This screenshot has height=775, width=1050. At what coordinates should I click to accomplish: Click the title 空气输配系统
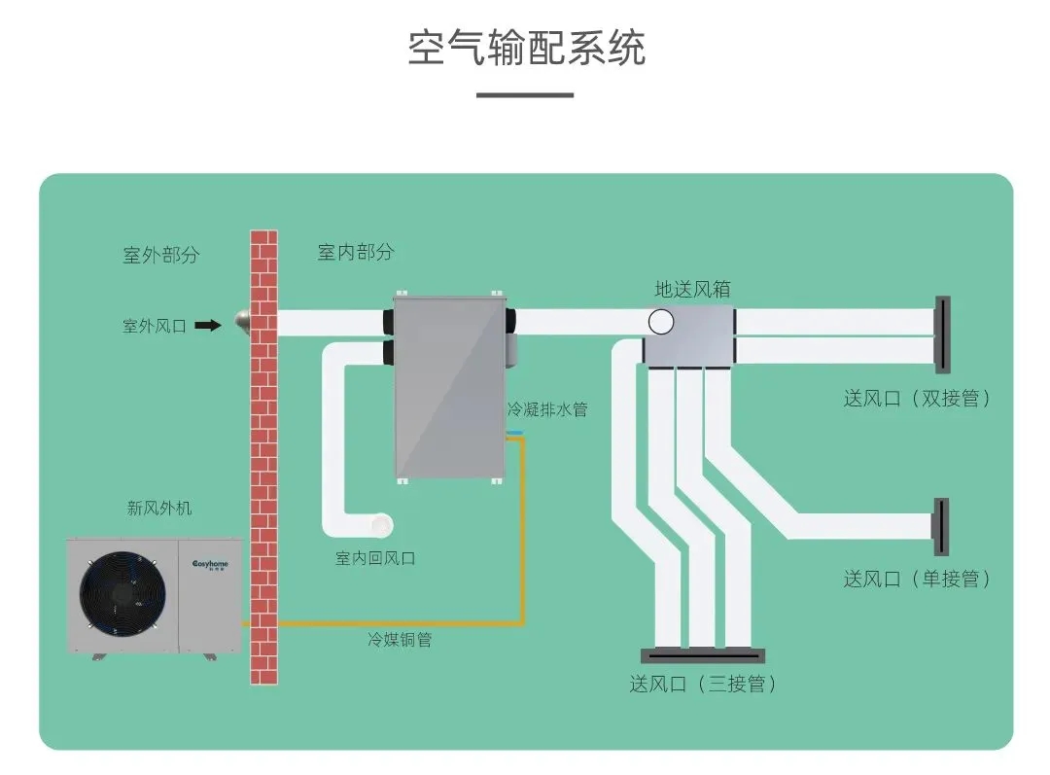point(526,48)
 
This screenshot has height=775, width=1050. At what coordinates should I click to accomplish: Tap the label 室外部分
point(160,255)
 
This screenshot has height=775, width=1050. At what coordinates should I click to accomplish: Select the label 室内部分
point(356,252)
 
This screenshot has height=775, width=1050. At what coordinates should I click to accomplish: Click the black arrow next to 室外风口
point(208,326)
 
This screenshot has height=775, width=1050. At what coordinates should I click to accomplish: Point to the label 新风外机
point(159,508)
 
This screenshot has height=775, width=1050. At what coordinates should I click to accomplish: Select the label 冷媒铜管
point(400,640)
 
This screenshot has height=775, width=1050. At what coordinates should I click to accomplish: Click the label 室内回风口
point(375,558)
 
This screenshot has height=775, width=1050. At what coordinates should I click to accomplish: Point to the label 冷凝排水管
point(547,409)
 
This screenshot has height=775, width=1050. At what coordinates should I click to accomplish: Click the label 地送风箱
point(692,289)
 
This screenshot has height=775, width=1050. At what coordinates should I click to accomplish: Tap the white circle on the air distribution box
point(661,321)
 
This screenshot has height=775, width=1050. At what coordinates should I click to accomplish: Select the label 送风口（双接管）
point(917,398)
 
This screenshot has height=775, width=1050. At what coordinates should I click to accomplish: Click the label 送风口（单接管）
point(917,579)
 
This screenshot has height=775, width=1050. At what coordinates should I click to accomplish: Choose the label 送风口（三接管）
point(703,684)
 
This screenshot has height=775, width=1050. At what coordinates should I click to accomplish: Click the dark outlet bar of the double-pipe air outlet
point(941,335)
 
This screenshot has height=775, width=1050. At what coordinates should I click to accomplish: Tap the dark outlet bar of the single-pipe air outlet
point(940,526)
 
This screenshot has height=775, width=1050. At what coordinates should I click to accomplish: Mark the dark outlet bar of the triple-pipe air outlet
point(702,655)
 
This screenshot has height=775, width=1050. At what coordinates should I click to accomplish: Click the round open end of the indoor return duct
point(382,524)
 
